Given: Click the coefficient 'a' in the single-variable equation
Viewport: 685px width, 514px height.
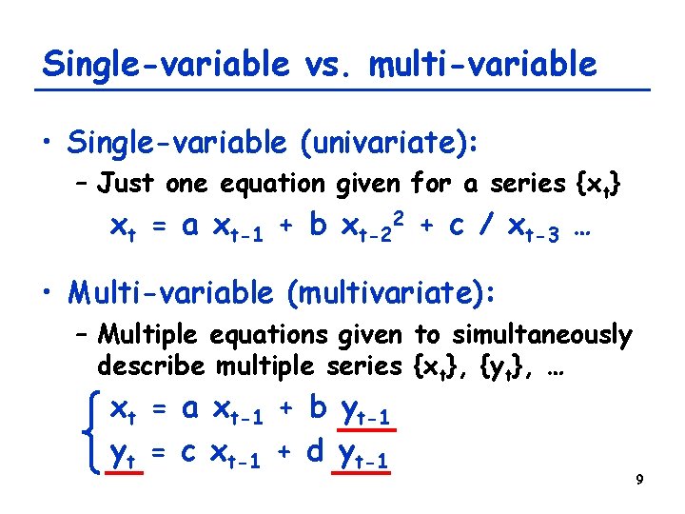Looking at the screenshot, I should (189, 227).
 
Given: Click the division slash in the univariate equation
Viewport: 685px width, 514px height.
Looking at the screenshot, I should (486, 227).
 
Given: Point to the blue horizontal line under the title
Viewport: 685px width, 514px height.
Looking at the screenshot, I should (342, 89).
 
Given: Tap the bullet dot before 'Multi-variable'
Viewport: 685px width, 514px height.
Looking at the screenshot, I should (47, 293).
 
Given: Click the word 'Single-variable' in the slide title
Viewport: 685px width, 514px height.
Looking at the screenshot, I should (166, 64).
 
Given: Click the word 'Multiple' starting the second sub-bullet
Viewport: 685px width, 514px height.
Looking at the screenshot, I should (144, 335).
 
